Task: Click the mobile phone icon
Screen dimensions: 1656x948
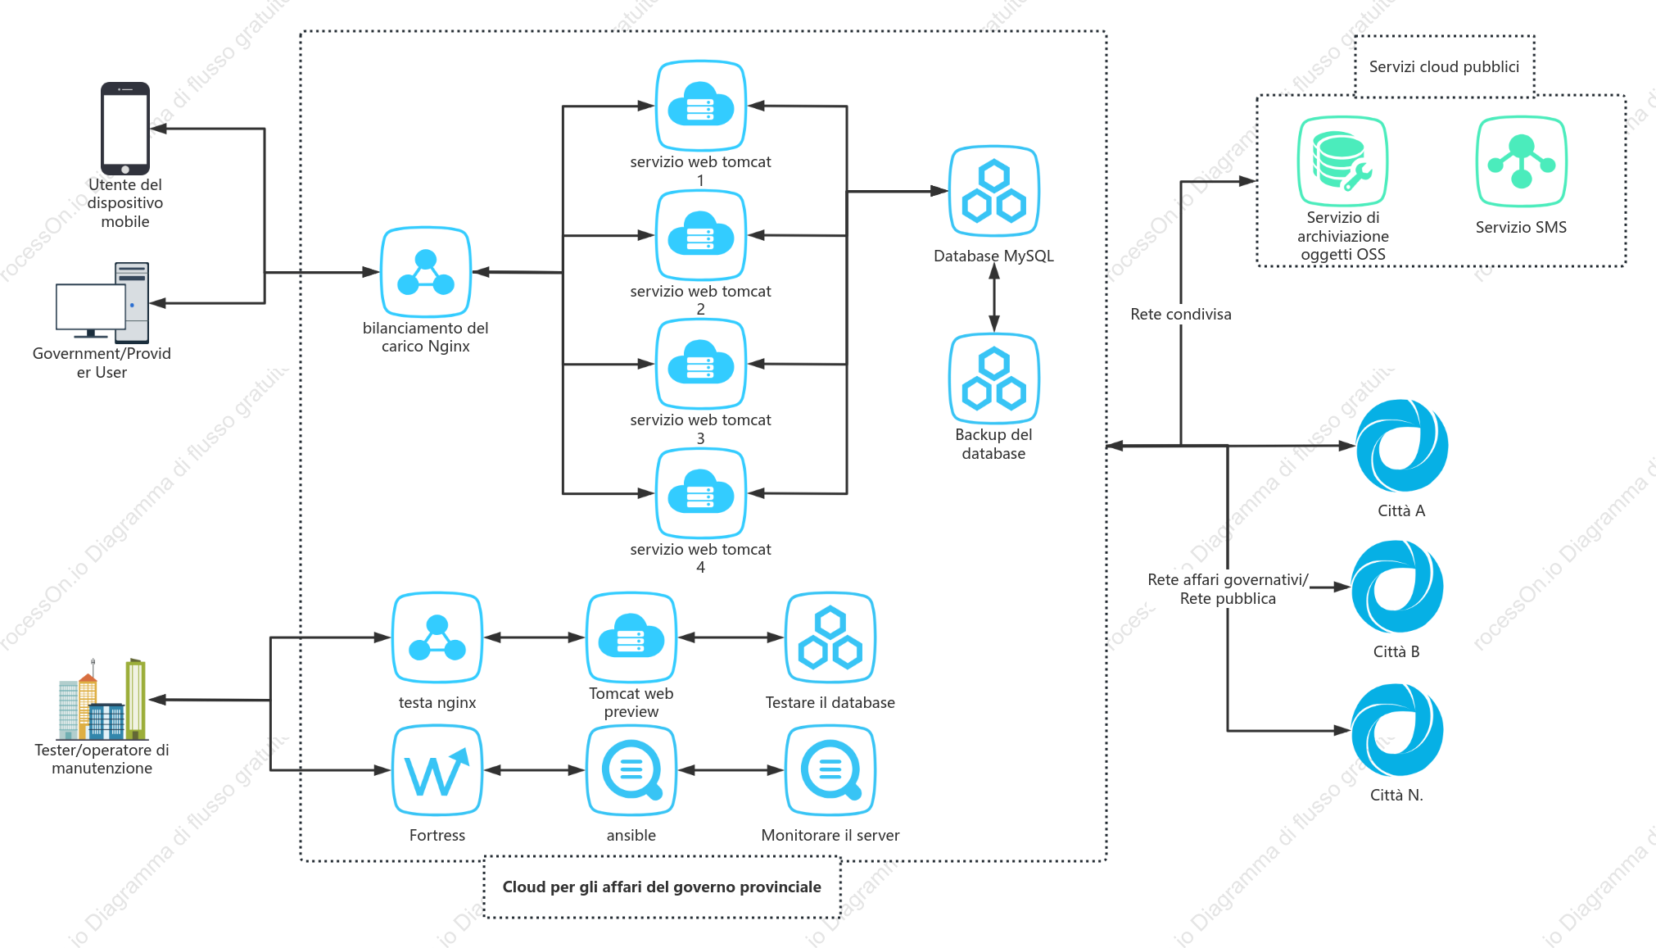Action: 125,128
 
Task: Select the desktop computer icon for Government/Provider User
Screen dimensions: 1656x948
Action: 102,302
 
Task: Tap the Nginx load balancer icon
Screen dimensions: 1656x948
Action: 426,272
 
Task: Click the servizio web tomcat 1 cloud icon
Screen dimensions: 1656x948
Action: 701,106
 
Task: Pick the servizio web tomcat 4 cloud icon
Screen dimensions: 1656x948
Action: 701,493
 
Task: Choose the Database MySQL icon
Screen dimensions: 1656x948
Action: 994,191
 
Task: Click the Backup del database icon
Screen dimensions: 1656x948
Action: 994,379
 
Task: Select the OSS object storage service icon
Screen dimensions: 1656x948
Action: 1342,161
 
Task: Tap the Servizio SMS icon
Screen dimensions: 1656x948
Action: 1522,161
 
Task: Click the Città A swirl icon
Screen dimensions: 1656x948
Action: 1402,446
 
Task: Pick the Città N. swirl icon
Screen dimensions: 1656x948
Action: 1397,730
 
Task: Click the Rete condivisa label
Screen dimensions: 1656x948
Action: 1181,315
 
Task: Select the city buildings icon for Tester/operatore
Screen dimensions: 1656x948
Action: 102,699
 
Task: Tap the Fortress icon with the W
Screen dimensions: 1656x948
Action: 437,770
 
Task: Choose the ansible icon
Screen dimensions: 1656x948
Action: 631,770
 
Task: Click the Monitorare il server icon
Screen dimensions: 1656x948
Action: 830,770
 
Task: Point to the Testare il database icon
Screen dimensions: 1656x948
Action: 830,637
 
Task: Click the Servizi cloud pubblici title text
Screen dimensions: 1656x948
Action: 1444,67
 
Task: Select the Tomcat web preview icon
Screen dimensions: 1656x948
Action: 631,637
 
